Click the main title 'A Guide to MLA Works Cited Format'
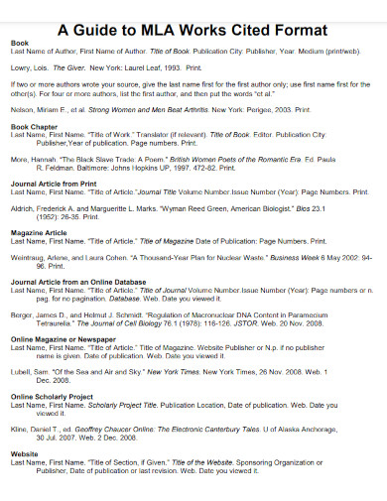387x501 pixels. pos(193,29)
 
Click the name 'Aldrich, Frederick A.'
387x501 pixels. pos(45,211)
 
